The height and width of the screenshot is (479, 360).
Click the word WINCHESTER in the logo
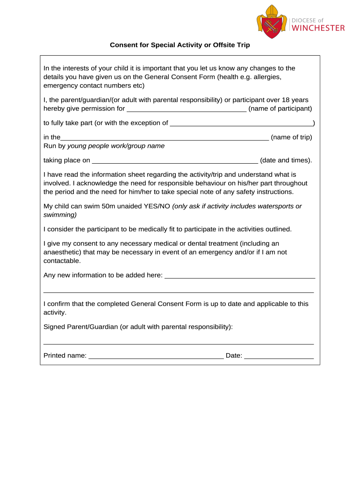[318, 28]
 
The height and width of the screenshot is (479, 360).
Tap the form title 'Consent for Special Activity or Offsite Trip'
[180, 45]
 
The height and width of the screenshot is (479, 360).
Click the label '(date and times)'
[286, 160]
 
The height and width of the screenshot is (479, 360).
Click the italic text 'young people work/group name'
[116, 146]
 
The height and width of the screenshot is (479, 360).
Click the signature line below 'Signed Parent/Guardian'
[179, 343]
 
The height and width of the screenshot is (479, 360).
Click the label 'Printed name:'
[65, 356]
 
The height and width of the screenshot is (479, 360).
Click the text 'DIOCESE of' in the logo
[308, 20]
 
